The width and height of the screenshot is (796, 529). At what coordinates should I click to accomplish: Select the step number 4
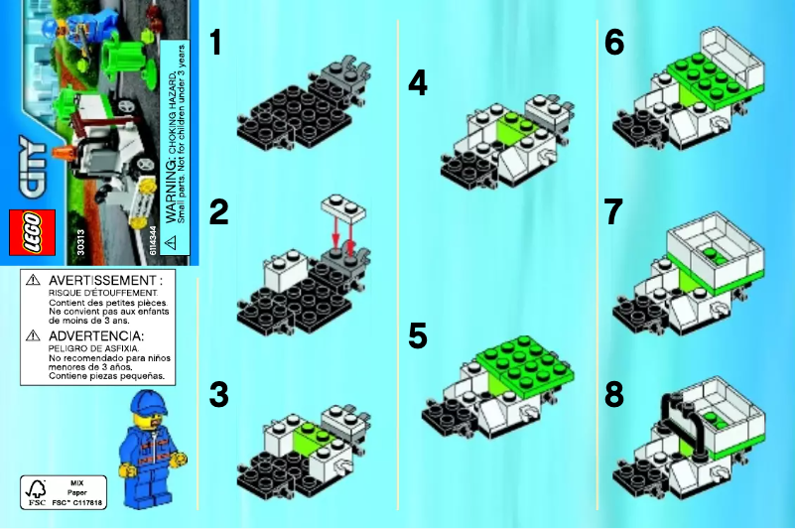pos(418,83)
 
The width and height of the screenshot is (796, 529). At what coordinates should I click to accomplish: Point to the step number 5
pos(418,335)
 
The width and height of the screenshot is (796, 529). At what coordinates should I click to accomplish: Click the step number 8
pos(615,394)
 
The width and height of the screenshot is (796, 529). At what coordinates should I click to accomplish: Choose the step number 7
pos(615,213)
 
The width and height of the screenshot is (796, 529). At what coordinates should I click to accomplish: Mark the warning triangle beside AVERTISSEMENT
pos(33,281)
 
